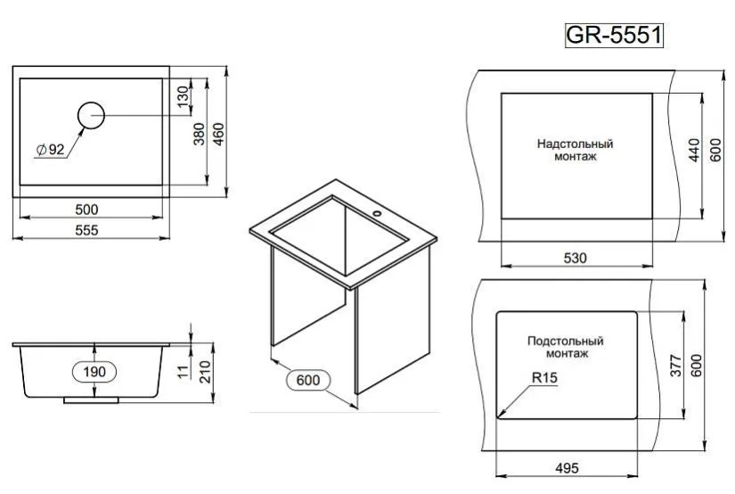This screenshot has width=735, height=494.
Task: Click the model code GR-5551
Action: [x=614, y=35]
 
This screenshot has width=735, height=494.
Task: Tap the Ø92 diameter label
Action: [x=51, y=150]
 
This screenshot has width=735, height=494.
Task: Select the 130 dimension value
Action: [x=184, y=96]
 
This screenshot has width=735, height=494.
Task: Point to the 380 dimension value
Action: [x=200, y=134]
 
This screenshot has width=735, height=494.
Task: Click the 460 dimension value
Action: [x=218, y=134]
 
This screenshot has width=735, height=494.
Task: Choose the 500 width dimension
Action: [x=86, y=210]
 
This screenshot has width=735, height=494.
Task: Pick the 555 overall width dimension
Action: [x=86, y=230]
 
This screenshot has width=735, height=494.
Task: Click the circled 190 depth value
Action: [x=94, y=372]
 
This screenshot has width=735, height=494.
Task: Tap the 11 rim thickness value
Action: [x=184, y=372]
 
